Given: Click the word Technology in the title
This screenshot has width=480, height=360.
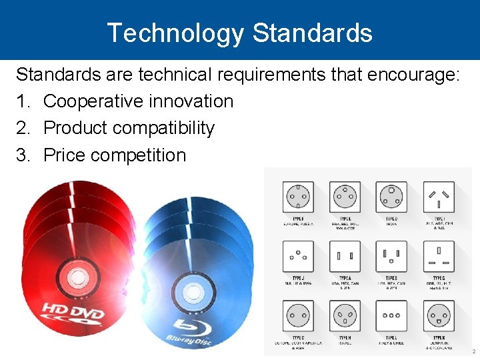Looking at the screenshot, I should coord(175,32).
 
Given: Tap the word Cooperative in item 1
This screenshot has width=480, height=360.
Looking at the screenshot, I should coord(100,101).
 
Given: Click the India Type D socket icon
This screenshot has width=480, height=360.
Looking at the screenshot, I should coord(391,197).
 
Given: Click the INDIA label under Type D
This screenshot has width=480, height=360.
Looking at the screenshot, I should coord(391,224).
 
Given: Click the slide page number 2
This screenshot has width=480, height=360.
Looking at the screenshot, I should coord(473,351).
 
